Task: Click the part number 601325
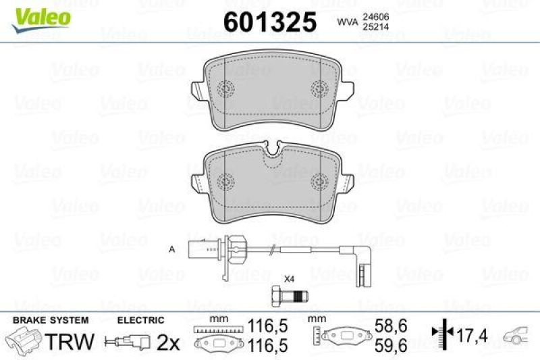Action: coord(270,22)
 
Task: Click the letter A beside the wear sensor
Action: coord(172,250)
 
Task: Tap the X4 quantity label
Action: coord(289,278)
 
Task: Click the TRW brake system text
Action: coord(72,341)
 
